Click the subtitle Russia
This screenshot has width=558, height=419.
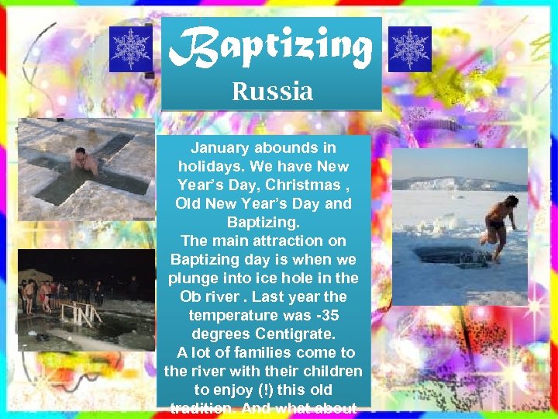272,92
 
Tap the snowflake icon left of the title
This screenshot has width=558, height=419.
130,49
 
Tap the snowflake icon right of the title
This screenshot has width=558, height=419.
409,49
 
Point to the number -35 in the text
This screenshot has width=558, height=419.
322,315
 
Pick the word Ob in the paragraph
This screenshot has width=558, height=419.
191,296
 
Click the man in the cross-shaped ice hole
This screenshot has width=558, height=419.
84,161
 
